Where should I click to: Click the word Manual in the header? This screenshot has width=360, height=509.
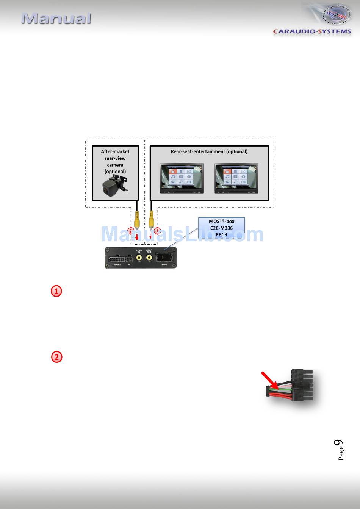[x=56, y=19]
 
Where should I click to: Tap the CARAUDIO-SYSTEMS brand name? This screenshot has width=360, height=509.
[x=312, y=31]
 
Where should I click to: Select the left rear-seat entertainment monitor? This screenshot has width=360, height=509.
[x=182, y=178]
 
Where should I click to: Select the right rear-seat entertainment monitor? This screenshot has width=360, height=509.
[x=236, y=178]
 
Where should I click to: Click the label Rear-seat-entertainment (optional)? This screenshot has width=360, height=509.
[x=209, y=151]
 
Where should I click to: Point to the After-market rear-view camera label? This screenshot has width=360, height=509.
[x=115, y=161]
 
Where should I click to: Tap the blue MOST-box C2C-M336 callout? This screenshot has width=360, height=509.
[x=222, y=228]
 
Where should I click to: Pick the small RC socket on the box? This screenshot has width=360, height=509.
[x=130, y=259]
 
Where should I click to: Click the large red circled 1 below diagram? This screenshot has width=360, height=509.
[x=56, y=291]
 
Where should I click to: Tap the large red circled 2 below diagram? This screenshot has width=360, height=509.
[x=56, y=357]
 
